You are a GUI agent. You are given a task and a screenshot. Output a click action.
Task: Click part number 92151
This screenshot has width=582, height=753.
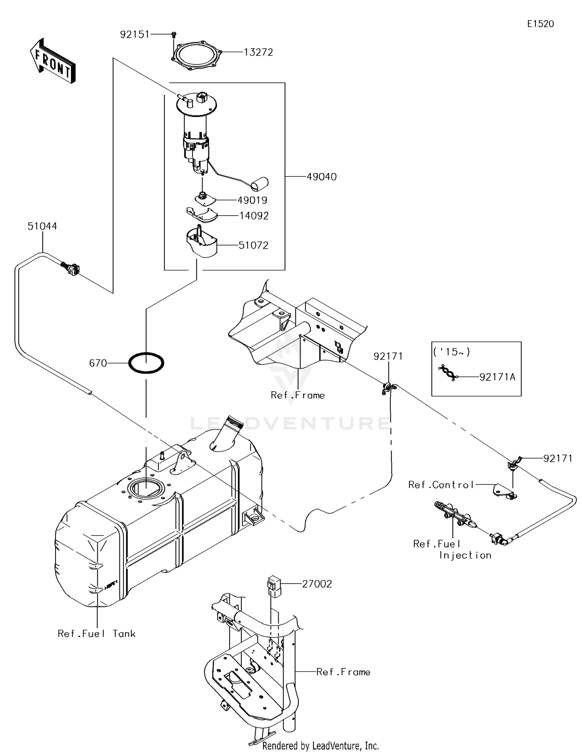click(135, 35)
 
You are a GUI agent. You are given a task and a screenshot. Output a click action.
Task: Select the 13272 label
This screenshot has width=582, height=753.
click(258, 52)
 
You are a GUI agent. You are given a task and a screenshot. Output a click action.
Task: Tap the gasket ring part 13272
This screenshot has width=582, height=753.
click(196, 58)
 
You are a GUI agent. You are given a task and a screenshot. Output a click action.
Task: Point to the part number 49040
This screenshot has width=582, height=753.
click(322, 177)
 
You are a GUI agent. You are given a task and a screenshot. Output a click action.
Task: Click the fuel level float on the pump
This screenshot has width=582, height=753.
click(260, 184)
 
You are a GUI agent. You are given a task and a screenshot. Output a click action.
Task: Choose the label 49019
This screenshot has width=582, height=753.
click(252, 200)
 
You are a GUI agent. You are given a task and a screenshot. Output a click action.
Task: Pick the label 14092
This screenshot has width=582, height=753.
click(254, 216)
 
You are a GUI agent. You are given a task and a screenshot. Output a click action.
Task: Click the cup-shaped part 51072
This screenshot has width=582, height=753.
click(201, 242)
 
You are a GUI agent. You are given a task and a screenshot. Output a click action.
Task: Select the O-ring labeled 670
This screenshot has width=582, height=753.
click(146, 363)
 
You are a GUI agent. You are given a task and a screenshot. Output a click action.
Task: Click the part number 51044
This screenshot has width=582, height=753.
click(42, 226)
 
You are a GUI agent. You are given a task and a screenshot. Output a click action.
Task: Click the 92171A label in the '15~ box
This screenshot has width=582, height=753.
click(497, 377)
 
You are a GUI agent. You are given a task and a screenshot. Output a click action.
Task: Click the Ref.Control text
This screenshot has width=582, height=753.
click(441, 485)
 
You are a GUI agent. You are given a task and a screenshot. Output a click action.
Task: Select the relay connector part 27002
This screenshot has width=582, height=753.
click(274, 586)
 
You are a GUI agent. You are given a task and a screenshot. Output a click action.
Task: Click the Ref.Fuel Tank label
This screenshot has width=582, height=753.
click(97, 634)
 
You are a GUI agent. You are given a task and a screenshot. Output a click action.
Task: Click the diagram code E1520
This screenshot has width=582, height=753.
click(540, 24)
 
